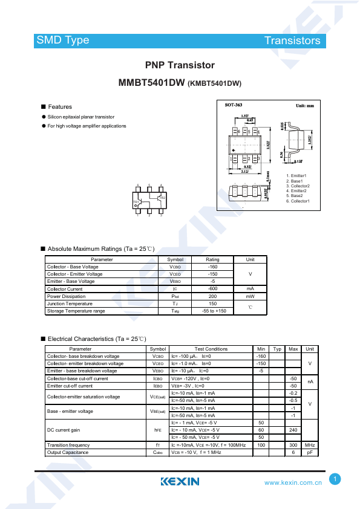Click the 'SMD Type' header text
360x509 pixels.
point(62,41)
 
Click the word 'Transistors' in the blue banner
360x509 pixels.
point(292,41)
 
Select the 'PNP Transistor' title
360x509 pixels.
point(180,65)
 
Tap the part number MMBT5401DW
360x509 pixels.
point(152,84)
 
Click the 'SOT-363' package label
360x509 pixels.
point(234,105)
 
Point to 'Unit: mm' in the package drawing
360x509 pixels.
point(304,105)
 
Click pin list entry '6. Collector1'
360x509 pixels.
point(298,201)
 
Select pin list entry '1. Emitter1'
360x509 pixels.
point(296,175)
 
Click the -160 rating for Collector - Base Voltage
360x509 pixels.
point(212,267)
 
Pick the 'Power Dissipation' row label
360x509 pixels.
point(66,296)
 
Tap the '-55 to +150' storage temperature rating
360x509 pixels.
point(212,311)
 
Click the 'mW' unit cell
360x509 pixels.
point(249,296)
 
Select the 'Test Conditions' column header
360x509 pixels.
point(211,349)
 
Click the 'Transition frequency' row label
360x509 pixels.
point(68,445)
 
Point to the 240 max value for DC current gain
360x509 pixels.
point(293,430)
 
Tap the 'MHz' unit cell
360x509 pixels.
point(310,445)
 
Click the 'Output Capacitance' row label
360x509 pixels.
point(68,452)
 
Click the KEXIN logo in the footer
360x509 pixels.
point(180,482)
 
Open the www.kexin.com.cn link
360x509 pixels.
point(293,482)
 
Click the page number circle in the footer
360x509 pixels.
point(335,479)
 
